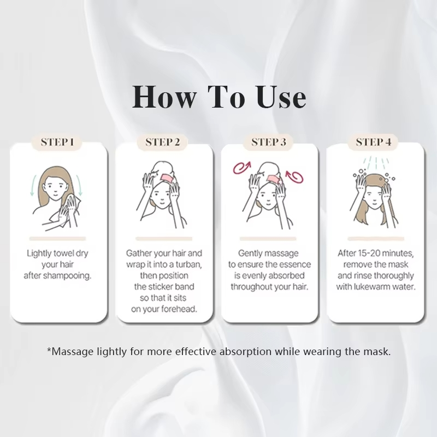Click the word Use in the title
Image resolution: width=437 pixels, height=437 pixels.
coord(281,97)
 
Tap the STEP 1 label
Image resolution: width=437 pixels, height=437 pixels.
coord(57,142)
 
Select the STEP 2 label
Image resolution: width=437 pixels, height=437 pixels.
coord(162,142)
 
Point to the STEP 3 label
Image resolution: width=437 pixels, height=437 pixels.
coord(268,142)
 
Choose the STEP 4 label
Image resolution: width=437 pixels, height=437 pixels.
coord(374,142)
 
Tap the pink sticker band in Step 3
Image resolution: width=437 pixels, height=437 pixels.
coord(274,179)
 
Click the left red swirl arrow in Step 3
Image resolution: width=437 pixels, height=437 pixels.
coord(242,167)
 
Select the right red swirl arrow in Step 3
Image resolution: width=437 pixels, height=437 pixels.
coord(294,176)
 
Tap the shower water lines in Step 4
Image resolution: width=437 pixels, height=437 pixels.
coord(376,163)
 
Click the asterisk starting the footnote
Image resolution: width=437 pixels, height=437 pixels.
coord(49,350)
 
